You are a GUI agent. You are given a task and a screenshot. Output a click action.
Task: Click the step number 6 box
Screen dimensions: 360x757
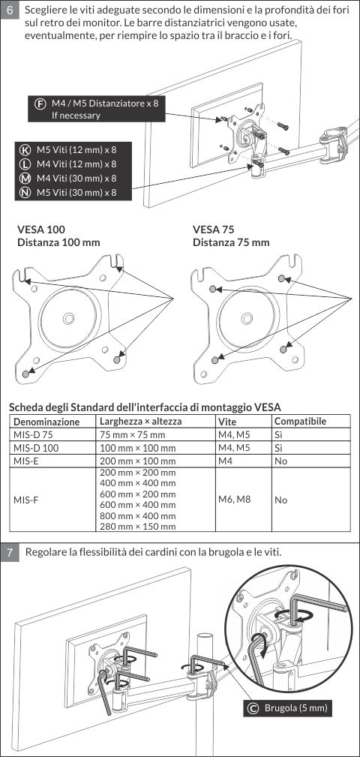coord(10,11)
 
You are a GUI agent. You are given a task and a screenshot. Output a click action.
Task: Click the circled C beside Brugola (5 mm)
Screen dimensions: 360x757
coord(252,708)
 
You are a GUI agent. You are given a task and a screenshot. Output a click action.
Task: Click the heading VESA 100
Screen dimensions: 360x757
coord(41,230)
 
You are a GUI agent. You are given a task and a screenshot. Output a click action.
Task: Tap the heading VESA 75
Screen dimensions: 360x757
coord(214,230)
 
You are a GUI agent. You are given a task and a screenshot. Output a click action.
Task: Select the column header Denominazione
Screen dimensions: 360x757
coord(46,422)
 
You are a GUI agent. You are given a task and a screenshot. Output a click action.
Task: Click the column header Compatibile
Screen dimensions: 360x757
coord(300,421)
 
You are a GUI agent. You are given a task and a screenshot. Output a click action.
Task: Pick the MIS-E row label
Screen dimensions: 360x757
coord(26,461)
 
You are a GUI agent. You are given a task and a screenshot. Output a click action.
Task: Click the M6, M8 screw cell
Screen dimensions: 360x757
coord(234,499)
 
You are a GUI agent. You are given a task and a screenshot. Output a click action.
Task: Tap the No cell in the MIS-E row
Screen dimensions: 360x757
coord(280,461)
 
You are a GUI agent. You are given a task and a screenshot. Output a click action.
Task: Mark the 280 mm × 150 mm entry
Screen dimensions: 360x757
coord(137,526)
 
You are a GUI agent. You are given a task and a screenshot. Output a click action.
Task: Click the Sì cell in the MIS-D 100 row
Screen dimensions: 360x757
coord(278,448)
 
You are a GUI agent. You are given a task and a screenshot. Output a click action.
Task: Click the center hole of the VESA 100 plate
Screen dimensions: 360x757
coord(68,317)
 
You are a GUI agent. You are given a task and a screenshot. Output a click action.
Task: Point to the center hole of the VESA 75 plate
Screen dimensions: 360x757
coord(247,317)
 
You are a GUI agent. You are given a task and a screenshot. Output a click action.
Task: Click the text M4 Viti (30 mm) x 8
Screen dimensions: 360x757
coord(76,178)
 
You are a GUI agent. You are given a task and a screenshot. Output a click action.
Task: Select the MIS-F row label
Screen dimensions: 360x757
coord(26,500)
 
